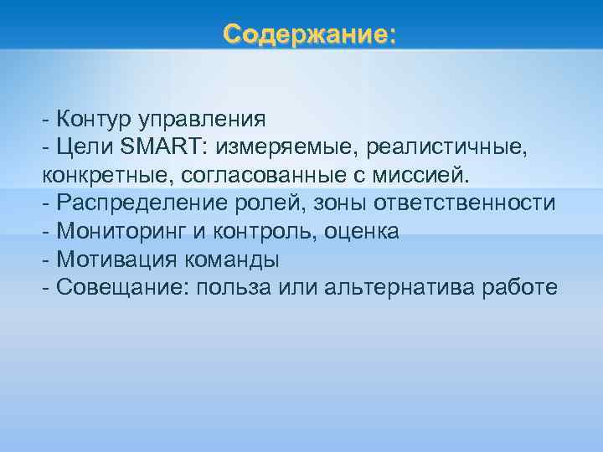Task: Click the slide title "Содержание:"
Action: tap(309, 35)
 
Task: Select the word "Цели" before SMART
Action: tap(85, 146)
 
